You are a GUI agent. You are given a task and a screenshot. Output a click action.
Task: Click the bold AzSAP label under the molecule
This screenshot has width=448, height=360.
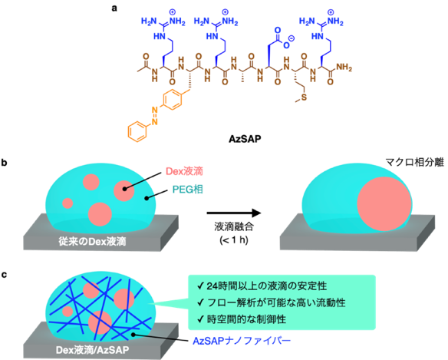point(245,139)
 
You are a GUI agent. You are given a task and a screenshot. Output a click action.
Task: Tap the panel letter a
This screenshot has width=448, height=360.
point(114,8)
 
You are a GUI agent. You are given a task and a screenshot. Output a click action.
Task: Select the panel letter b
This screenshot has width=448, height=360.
point(4,163)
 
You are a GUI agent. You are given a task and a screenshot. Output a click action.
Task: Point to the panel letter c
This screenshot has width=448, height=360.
point(4,275)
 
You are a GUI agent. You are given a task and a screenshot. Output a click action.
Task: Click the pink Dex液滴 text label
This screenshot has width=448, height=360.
point(184,171)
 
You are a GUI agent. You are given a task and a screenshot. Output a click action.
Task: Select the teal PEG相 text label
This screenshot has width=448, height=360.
point(188,190)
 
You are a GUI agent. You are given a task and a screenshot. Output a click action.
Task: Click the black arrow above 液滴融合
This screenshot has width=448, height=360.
point(234,213)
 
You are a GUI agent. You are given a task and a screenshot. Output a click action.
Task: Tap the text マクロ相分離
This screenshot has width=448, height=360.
point(415,163)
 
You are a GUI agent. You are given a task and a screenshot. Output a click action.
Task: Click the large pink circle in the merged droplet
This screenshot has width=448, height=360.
point(384,204)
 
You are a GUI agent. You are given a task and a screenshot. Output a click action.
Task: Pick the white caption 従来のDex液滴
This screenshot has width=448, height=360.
point(92,242)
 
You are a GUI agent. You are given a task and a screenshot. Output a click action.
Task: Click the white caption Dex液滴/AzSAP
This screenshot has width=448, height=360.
point(92,350)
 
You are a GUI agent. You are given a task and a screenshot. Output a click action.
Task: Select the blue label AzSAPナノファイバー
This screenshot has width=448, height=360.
point(242,341)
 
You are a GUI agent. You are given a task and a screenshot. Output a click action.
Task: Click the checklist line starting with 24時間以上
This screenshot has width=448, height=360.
point(262,286)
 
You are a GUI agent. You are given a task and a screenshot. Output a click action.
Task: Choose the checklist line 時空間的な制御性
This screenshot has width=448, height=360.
point(242,319)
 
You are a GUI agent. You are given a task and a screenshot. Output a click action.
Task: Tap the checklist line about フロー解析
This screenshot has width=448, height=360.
point(271,302)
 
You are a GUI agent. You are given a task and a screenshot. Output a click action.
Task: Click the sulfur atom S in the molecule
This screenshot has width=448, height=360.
point(304,97)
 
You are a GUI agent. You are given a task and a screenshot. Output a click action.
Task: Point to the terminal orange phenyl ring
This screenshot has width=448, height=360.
point(137,132)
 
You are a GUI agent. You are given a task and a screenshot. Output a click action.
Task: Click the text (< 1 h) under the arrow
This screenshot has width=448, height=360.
point(234,239)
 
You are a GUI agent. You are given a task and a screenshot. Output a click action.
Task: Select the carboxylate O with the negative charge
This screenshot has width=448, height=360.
point(286,45)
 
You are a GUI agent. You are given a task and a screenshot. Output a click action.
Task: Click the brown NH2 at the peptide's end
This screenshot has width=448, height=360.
point(344,68)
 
